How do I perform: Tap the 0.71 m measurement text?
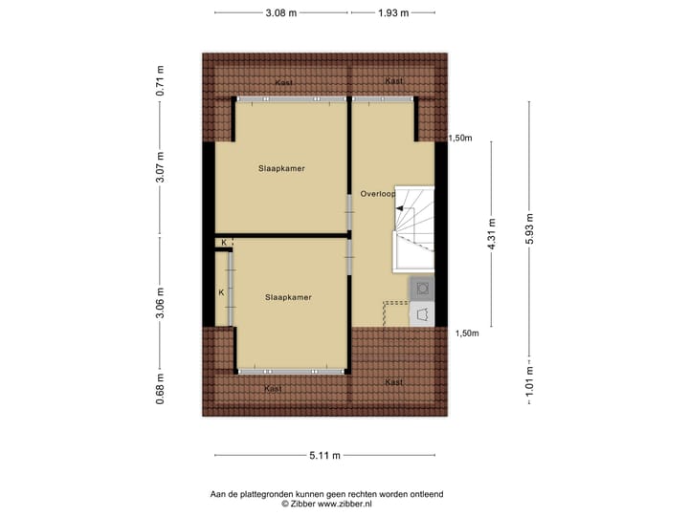tap(161, 81)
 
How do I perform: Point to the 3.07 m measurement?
tap(161, 168)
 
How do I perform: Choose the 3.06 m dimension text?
tap(161, 301)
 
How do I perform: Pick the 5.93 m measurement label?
tap(529, 228)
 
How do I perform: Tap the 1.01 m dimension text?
tap(529, 380)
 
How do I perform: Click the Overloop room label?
tap(378, 194)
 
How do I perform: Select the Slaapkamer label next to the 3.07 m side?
tap(281, 168)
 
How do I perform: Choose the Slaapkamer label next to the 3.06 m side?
tap(289, 297)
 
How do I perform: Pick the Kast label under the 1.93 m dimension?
tap(393, 81)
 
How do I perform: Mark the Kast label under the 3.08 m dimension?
tap(283, 83)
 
